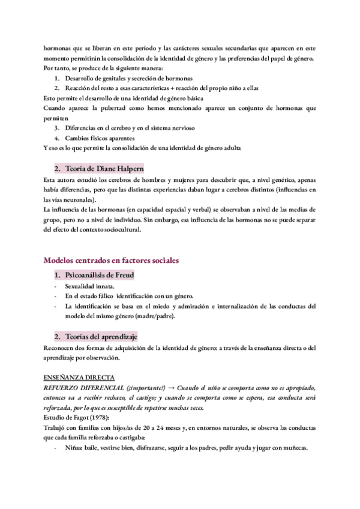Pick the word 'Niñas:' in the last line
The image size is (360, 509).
[75, 448]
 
